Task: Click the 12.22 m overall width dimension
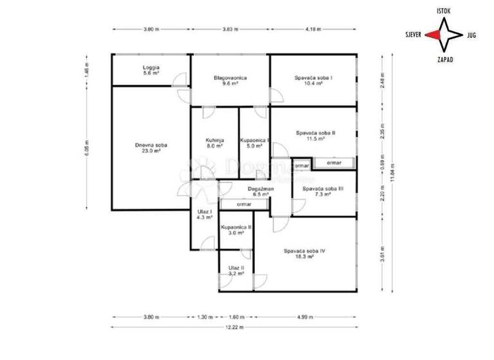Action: tap(235, 327)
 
